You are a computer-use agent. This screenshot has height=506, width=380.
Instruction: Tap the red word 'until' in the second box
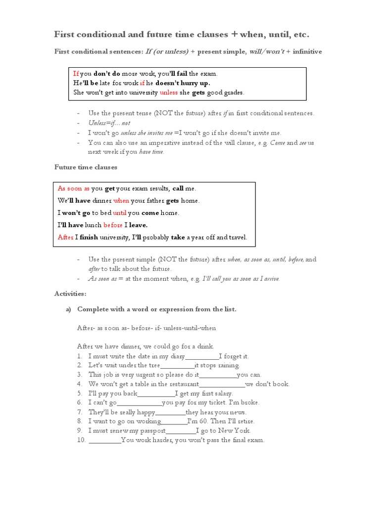120,213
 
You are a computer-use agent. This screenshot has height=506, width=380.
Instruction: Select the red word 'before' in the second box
113,225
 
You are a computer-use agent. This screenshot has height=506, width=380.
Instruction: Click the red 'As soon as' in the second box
73,189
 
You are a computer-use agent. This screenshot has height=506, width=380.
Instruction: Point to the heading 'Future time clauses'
86,168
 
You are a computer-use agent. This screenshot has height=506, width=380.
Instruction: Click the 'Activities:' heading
70,294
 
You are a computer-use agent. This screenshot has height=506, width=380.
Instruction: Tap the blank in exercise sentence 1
202,356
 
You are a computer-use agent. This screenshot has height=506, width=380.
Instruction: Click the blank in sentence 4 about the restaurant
222,384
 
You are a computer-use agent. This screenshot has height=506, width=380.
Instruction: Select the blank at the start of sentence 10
105,440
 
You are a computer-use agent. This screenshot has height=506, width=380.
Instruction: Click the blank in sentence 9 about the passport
181,431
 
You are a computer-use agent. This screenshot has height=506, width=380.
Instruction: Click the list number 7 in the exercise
80,412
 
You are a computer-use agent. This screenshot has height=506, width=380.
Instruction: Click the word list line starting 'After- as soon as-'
146,328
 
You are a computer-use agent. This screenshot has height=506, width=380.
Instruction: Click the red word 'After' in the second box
65,238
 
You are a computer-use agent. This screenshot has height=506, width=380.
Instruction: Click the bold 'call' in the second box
178,189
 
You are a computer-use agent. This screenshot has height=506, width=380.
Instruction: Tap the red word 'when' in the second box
121,201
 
